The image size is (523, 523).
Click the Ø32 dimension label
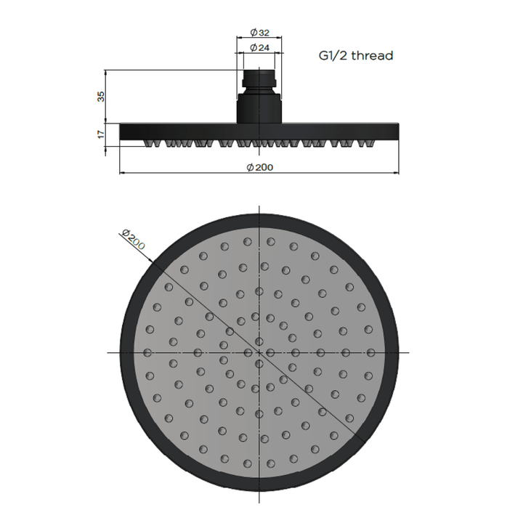(259, 33)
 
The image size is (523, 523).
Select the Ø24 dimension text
(259, 48)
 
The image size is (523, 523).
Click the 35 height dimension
(101, 96)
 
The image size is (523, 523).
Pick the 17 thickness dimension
(101, 134)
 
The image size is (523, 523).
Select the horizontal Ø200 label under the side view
(259, 166)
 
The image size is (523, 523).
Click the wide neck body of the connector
(259, 105)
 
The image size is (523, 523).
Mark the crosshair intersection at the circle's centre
(259, 352)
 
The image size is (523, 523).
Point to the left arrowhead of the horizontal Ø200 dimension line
(122, 174)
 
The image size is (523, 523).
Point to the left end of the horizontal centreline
(108, 352)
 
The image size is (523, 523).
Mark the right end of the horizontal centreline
(411, 352)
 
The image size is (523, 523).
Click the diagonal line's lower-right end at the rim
(362, 437)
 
